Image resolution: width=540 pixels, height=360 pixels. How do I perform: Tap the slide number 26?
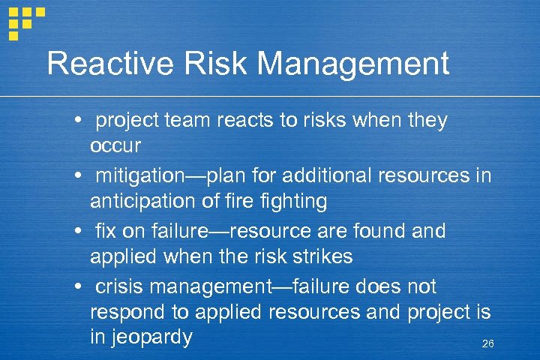(487, 343)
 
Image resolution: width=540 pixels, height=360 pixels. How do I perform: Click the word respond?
(124, 312)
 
